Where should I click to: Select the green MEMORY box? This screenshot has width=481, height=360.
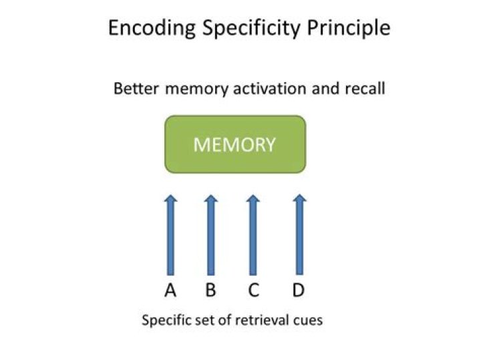[x=234, y=144]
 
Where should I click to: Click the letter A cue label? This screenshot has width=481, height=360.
[x=170, y=291]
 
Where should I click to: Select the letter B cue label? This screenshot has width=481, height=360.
[x=210, y=291]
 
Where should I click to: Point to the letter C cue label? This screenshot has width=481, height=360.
[x=253, y=291]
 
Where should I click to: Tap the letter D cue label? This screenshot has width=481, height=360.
[x=298, y=291]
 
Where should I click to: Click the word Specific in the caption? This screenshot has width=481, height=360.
[x=164, y=321]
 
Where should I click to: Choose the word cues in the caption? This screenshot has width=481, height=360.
[x=308, y=321]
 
